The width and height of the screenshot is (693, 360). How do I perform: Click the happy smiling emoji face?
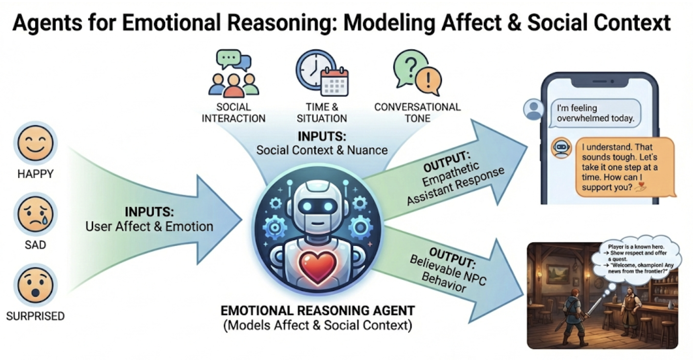coord(35,144)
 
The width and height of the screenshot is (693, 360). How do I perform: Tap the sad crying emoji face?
coord(35,214)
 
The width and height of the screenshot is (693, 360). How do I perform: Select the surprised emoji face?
coord(35,285)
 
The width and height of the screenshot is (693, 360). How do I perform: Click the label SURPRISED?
coord(35,316)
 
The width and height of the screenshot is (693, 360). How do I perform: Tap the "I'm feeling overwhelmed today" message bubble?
coord(595,113)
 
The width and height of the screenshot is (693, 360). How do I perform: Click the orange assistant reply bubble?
coord(624,167)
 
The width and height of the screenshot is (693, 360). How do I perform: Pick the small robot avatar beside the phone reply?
coord(561,148)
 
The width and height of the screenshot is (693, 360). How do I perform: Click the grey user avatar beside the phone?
coord(533,109)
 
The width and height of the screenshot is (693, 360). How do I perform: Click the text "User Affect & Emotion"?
coord(149,226)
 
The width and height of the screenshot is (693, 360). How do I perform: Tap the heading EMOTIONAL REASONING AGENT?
coord(318,311)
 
